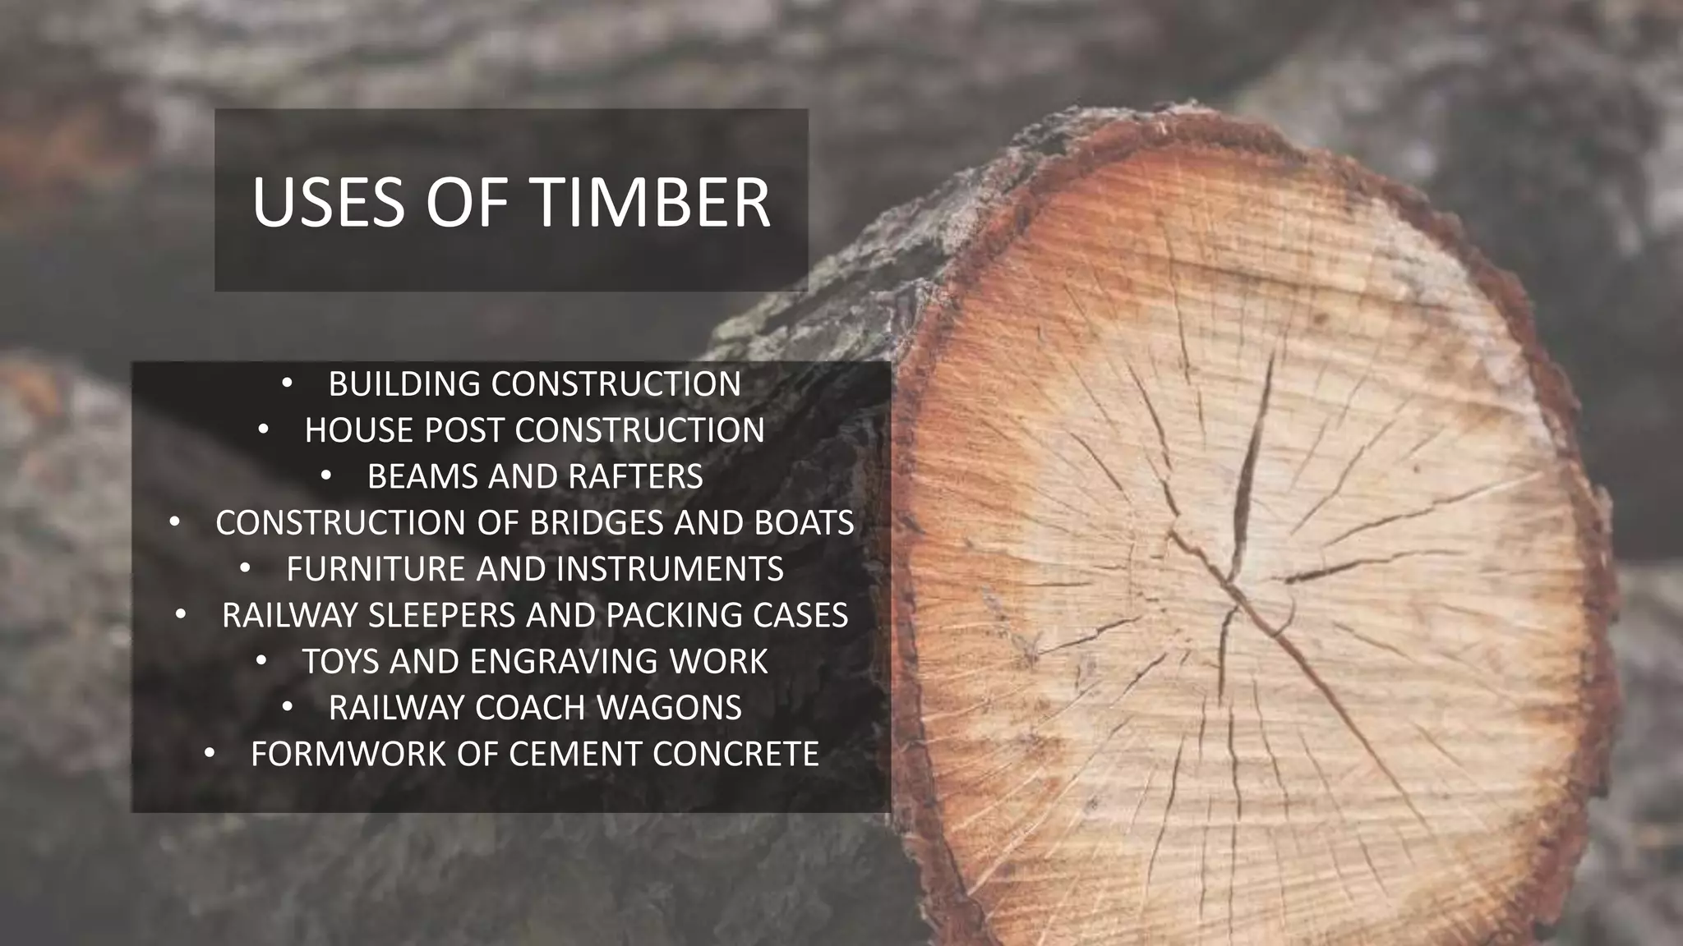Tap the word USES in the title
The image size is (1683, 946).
(x=328, y=202)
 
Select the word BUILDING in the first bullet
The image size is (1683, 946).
(x=404, y=384)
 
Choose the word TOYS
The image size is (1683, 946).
(x=341, y=662)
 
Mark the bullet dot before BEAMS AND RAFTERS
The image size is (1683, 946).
(x=326, y=475)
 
